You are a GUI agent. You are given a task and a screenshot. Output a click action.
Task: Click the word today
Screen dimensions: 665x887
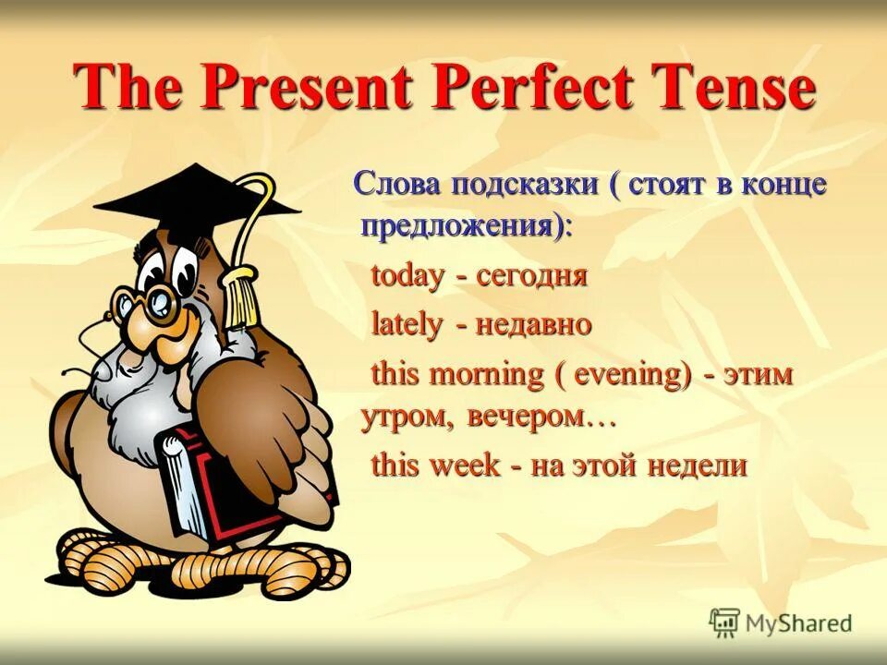407,275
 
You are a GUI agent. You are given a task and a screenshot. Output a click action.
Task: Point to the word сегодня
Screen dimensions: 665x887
532,275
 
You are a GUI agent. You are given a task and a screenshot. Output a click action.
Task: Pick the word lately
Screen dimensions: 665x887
407,324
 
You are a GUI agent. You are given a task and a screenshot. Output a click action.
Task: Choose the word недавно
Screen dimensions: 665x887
535,324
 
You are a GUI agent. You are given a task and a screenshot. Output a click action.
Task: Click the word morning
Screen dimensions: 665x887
492,375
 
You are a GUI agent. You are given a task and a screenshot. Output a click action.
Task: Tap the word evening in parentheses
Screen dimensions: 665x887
631,375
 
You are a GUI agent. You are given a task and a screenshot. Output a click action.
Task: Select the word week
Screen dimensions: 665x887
465,465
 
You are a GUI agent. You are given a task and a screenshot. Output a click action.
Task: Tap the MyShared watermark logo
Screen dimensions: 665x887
781,623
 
